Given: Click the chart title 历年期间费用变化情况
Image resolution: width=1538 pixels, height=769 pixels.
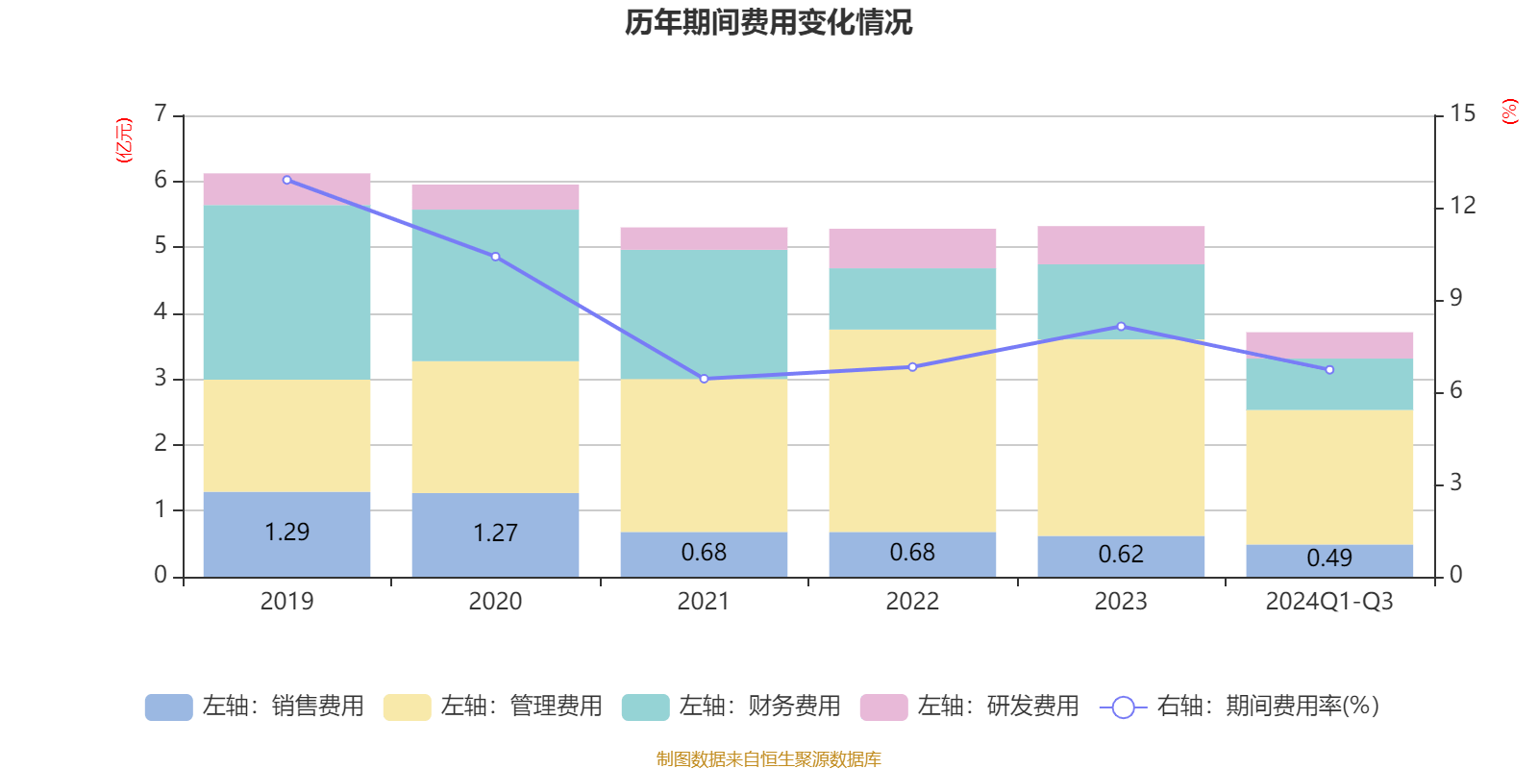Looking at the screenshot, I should click(768, 22).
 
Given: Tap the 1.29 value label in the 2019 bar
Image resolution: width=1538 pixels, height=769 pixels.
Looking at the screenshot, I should click(286, 532).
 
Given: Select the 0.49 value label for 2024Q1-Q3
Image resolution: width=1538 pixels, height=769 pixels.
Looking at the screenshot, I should click(1329, 558).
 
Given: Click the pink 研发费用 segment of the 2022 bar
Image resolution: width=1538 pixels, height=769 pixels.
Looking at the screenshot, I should click(912, 248).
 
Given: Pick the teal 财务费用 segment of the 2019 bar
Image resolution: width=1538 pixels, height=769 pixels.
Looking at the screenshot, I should click(286, 292).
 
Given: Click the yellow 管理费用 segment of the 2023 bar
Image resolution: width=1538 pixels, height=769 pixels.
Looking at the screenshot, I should click(1121, 437).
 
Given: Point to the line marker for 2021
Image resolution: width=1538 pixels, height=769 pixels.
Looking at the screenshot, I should click(704, 379).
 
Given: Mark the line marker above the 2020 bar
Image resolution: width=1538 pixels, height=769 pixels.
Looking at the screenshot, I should click(495, 257).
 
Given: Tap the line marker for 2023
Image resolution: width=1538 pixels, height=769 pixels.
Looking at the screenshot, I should click(1121, 327).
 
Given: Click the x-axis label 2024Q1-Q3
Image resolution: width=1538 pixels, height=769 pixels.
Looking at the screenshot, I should click(1329, 602).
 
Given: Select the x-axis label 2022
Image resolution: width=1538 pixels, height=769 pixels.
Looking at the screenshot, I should click(912, 602).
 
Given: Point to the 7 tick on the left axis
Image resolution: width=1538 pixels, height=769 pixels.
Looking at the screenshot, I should click(161, 114).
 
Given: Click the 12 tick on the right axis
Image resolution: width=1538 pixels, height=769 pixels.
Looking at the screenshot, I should click(1463, 206).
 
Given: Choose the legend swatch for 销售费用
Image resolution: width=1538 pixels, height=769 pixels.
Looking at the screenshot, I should click(168, 707).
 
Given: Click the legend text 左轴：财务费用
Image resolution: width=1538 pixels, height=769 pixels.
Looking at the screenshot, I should click(759, 707).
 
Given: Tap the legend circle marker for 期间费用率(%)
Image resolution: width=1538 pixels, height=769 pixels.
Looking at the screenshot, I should click(1123, 707).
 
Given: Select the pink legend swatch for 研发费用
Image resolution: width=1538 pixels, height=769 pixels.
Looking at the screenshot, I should click(883, 707).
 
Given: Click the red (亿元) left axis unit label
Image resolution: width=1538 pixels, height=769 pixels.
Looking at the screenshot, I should click(124, 140).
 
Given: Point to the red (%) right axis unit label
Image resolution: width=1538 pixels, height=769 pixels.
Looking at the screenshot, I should click(1510, 112).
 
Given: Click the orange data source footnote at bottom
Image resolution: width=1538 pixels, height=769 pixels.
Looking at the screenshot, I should click(768, 759).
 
